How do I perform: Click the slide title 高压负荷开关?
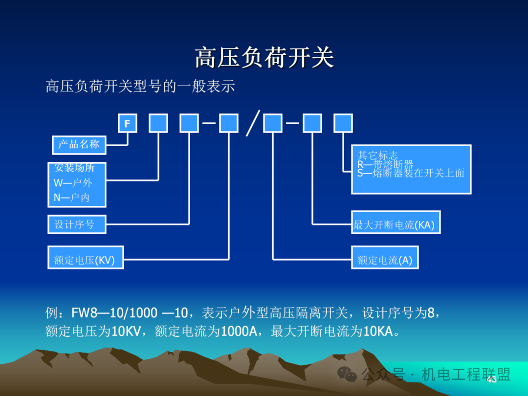point(264,58)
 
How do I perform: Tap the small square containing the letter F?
point(128,123)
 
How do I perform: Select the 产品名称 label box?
point(79,144)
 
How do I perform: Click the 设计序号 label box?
point(77,224)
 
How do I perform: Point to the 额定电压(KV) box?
point(86,258)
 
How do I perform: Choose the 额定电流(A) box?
point(385,258)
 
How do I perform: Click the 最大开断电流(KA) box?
point(396,222)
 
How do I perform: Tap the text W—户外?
point(73,183)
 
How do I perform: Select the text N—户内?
point(72,198)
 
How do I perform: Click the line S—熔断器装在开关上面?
point(410,173)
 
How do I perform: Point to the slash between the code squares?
point(252,123)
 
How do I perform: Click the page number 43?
point(491,379)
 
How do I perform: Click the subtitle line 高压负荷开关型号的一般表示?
point(140,86)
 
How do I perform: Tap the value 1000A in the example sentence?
point(239,332)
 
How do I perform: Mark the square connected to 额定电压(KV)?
point(229,123)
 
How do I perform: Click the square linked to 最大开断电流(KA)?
point(312,123)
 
